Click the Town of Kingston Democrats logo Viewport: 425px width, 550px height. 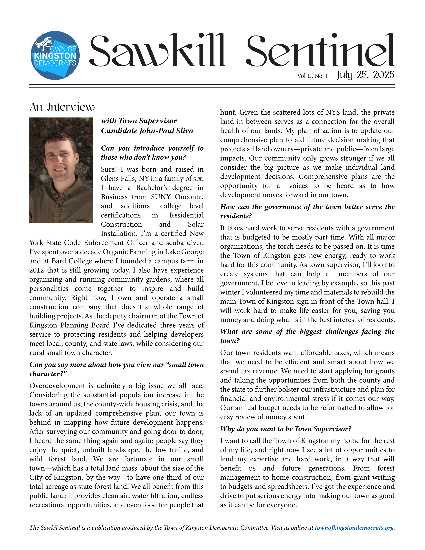[x=55, y=55]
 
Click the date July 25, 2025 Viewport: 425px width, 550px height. [x=365, y=75]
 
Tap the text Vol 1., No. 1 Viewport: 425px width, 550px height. [x=312, y=76]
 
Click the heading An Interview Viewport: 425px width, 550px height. [x=62, y=107]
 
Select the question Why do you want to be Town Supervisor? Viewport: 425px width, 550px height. [x=286, y=429]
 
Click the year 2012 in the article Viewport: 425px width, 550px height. [x=37, y=270]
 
